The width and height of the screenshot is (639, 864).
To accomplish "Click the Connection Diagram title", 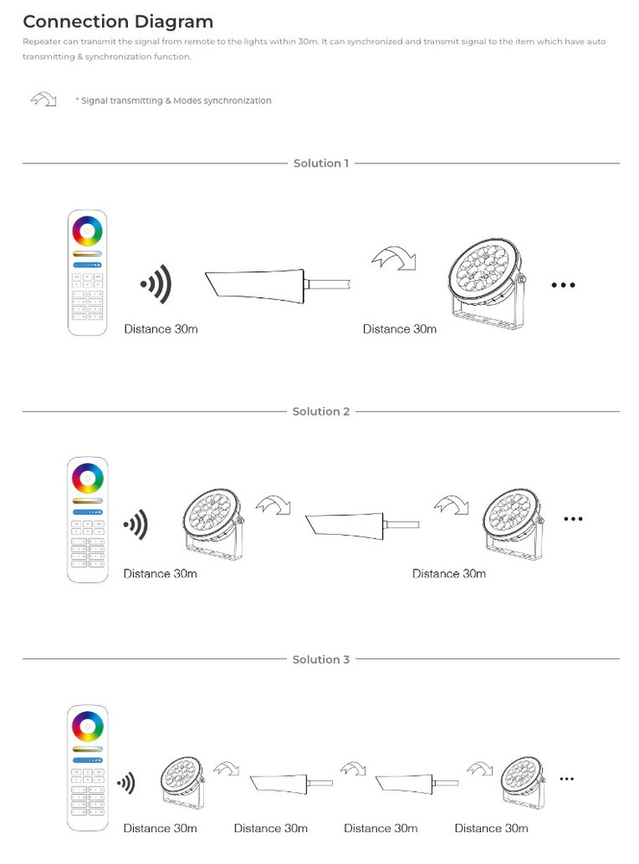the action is click(118, 22).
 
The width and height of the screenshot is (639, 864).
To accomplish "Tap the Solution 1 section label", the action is click(321, 163).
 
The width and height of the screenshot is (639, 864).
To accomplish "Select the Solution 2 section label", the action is click(321, 411).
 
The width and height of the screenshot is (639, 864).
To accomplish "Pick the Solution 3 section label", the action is click(321, 659).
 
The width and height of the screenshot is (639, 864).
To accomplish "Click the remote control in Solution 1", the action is click(87, 273).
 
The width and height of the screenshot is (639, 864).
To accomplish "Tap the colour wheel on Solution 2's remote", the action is click(87, 479).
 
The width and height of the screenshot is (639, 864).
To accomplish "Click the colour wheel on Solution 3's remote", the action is click(87, 727).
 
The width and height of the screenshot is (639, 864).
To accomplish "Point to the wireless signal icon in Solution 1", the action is click(156, 283).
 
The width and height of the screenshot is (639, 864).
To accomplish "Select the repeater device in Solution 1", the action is click(278, 285).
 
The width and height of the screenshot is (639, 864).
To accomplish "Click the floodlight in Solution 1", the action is click(486, 283).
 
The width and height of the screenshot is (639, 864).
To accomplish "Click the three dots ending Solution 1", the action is click(563, 285).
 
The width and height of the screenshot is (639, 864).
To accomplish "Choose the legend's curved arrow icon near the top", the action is click(43, 99).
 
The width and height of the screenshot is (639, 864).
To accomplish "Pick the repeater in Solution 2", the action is click(362, 525).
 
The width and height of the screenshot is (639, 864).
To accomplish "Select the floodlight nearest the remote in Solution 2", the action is click(213, 524).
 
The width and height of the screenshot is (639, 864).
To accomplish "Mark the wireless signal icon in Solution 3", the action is click(126, 783).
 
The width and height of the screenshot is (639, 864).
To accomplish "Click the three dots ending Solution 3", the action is click(566, 778).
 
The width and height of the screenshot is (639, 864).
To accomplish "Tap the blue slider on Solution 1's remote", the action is click(87, 265).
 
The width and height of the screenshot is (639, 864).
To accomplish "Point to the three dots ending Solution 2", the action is click(573, 518).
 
